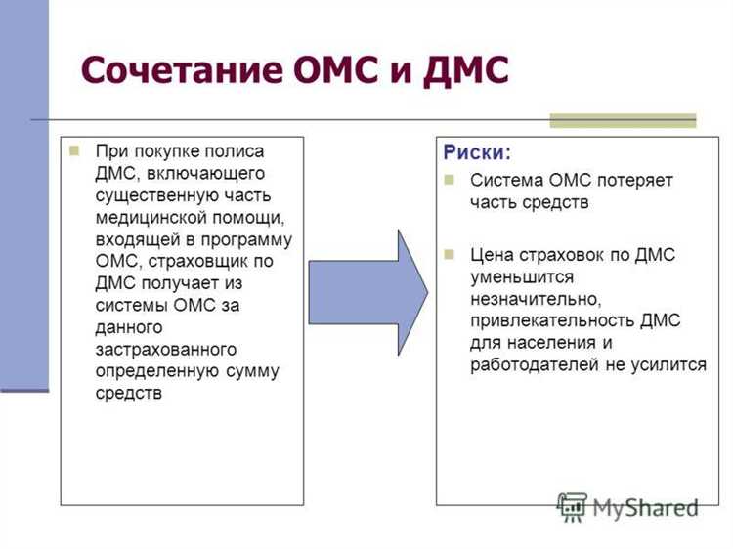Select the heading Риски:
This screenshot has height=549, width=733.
click(x=476, y=153)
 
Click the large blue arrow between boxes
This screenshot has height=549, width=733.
click(x=368, y=292)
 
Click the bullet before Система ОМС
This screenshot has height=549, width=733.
click(x=450, y=181)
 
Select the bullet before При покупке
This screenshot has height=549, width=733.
click(x=73, y=151)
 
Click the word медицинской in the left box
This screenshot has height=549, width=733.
click(x=145, y=217)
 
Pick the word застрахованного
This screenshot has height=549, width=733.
click(x=166, y=349)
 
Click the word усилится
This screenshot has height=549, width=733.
click(x=672, y=364)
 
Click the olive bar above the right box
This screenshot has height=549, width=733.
click(x=623, y=121)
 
